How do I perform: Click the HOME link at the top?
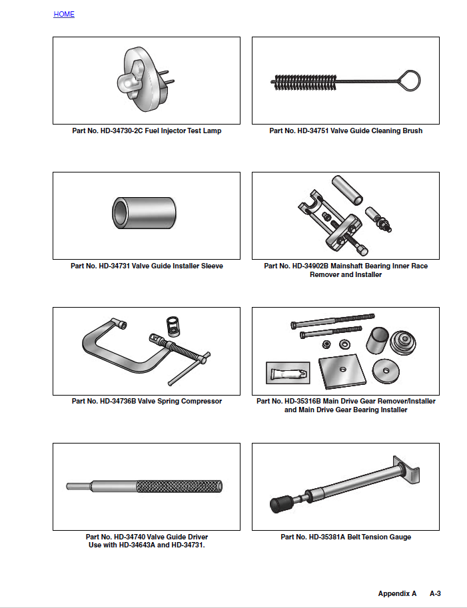click(x=64, y=14)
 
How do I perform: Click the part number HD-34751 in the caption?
click(x=316, y=131)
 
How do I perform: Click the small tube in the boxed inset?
click(x=286, y=372)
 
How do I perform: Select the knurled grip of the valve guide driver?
click(x=178, y=487)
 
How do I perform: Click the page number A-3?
click(x=435, y=593)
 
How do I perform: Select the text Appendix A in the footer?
click(x=397, y=593)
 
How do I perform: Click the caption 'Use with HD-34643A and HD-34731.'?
click(x=147, y=545)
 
